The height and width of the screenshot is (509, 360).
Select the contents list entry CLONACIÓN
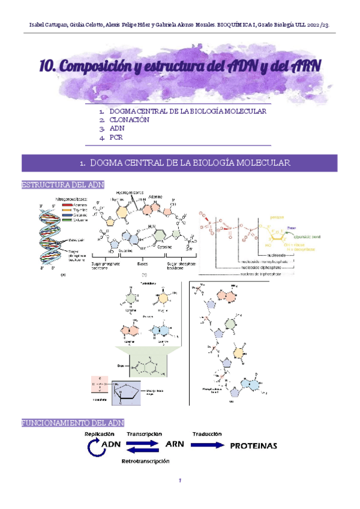click(x=130, y=119)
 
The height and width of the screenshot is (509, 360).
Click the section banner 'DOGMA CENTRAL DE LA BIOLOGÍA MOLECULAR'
click(x=179, y=163)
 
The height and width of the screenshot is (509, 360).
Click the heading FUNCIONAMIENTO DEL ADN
click(x=73, y=423)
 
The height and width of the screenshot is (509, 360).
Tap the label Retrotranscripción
click(x=146, y=461)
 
